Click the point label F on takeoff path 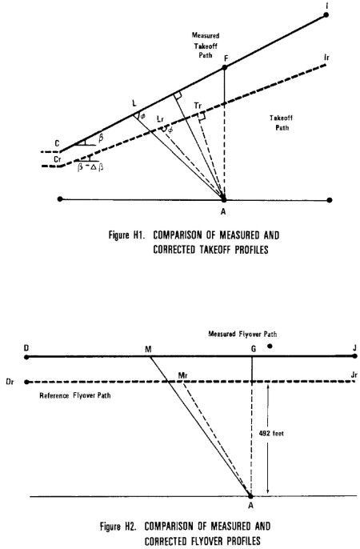click(x=226, y=58)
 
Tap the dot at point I click(x=326, y=14)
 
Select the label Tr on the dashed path click(x=198, y=106)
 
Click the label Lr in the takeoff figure click(x=161, y=119)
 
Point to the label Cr click(x=58, y=159)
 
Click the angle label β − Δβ click(x=90, y=167)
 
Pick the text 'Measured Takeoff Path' click(x=206, y=45)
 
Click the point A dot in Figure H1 click(x=224, y=200)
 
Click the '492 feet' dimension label click(x=271, y=434)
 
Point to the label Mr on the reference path click(x=183, y=375)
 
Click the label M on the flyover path click(x=148, y=349)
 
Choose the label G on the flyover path click(x=254, y=349)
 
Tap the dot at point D click(x=26, y=357)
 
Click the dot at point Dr click(x=26, y=382)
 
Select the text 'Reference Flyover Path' click(x=75, y=395)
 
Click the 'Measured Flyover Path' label click(x=242, y=334)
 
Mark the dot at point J click(x=354, y=356)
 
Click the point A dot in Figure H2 click(x=250, y=496)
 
